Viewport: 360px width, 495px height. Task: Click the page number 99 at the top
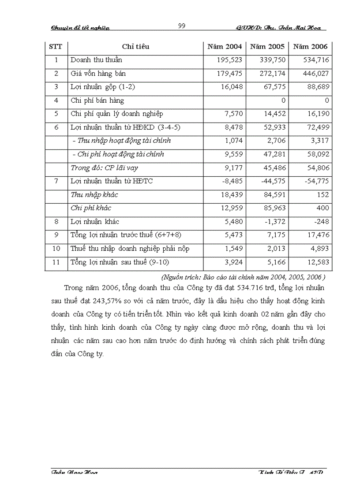(181, 26)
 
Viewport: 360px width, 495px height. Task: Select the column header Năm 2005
(267, 46)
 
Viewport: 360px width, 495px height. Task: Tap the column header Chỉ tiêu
(135, 46)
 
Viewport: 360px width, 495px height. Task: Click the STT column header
(56, 46)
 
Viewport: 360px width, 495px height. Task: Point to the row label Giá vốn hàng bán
(98, 74)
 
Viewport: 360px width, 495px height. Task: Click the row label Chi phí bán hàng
(97, 100)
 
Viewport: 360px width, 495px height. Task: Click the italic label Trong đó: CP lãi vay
(105, 168)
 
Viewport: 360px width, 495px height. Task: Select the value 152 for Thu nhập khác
(323, 195)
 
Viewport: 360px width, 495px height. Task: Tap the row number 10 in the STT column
(56, 249)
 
